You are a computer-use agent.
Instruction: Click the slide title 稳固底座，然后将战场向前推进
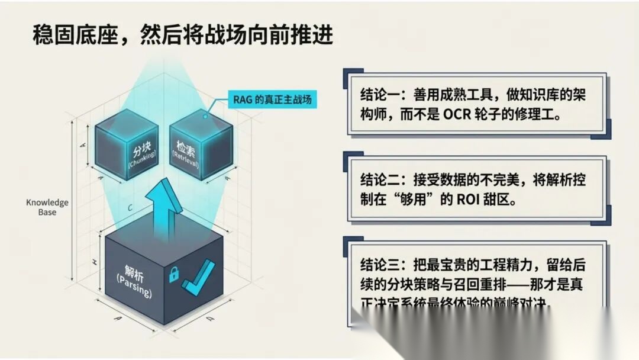[182, 35]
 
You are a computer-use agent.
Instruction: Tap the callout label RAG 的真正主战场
[270, 99]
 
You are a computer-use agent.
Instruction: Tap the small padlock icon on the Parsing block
[173, 274]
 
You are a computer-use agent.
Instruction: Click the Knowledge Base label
[47, 207]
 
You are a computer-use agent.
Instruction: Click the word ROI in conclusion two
[468, 200]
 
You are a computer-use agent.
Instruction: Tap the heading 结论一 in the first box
[379, 94]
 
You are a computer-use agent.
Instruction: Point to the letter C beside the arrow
[130, 208]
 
